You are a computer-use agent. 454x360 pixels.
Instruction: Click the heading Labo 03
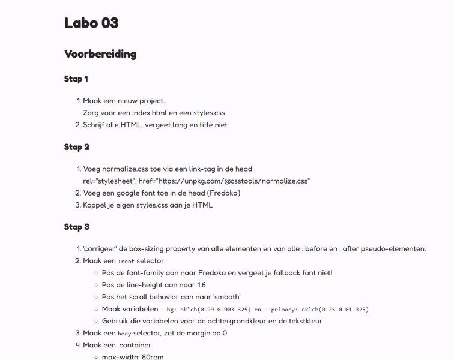(x=91, y=23)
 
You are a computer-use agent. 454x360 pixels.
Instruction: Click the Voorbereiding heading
(x=100, y=54)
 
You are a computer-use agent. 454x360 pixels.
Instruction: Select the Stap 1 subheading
(x=77, y=79)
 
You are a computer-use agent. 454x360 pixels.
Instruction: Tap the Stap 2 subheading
(x=77, y=147)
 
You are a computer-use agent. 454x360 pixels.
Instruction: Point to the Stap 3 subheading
(x=77, y=227)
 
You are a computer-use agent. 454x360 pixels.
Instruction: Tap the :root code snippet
(x=126, y=262)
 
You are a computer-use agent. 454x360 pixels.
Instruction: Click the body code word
(x=124, y=334)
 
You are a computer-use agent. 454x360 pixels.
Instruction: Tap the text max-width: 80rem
(x=133, y=357)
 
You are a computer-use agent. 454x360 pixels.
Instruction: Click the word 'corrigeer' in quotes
(x=101, y=249)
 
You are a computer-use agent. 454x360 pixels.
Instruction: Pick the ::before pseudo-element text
(x=318, y=249)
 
